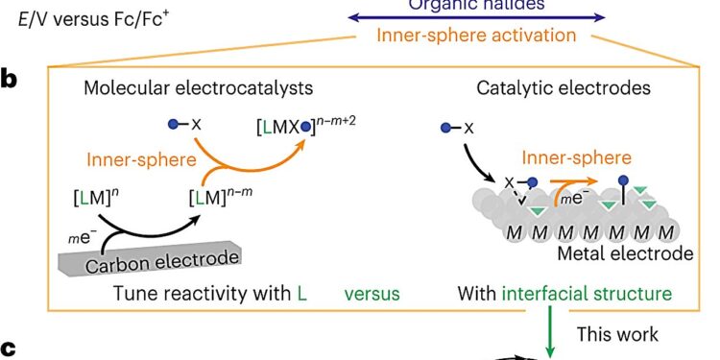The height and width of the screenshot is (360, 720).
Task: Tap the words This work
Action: pos(616,334)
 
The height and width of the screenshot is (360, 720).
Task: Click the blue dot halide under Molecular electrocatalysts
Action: pos(173,125)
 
